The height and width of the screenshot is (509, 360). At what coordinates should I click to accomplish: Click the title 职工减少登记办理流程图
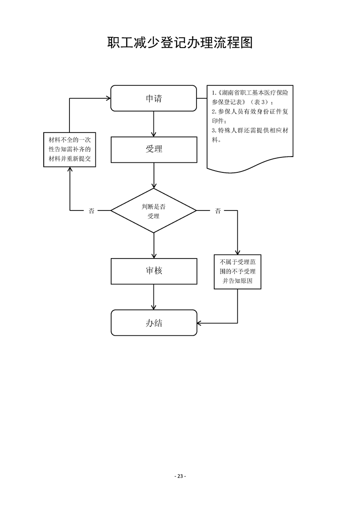point(180,43)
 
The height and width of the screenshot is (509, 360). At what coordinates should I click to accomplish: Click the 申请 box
point(154,98)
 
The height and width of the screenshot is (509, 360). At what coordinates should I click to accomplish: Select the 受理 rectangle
point(154,149)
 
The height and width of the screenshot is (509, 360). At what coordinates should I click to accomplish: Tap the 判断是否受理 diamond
point(154,211)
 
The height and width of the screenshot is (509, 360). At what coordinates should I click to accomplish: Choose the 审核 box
point(154,271)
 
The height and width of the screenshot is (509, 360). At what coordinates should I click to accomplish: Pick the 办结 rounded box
point(154,323)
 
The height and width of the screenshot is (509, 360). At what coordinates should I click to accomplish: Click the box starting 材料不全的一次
point(69,149)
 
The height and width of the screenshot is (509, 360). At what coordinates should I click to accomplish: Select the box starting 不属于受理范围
point(237,272)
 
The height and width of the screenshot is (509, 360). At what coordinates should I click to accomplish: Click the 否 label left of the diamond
point(91,211)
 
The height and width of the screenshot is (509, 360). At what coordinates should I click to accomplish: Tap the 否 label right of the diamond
point(218,211)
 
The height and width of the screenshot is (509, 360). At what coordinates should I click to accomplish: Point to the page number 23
point(180,476)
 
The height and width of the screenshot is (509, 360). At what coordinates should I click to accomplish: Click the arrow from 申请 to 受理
point(154,124)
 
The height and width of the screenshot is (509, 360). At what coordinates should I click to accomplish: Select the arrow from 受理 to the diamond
point(154,175)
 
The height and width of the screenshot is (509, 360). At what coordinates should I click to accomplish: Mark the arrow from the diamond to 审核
point(154,245)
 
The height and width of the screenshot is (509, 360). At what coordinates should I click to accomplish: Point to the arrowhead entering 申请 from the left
point(108,98)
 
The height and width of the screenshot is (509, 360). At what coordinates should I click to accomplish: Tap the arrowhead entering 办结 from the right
point(200,323)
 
